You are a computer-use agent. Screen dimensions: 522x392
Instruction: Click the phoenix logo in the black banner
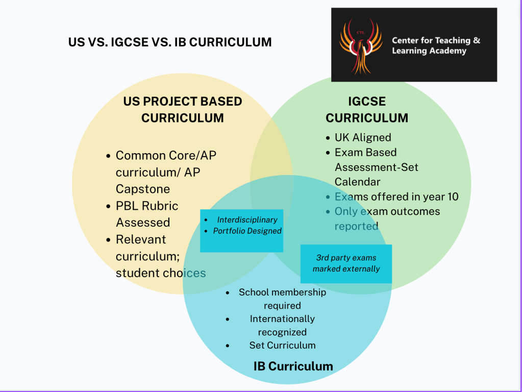tap(361, 46)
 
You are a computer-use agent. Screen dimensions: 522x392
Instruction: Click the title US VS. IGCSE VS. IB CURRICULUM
tap(170, 42)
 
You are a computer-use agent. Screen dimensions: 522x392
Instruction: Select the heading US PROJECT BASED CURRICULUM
tap(183, 110)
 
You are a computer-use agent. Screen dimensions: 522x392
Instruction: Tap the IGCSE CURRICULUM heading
tap(367, 110)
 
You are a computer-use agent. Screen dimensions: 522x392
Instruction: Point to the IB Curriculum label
tap(293, 366)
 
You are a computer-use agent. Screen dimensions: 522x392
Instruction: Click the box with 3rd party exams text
tap(346, 264)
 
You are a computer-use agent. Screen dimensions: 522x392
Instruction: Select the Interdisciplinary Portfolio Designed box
tap(242, 231)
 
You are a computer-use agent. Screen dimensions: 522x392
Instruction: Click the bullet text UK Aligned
tap(363, 137)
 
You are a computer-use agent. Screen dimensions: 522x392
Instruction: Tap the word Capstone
tap(143, 189)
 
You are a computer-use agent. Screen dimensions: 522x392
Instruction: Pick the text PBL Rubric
tap(147, 206)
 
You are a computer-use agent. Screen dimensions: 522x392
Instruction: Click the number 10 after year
tap(453, 197)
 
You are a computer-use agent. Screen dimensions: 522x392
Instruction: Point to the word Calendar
tap(357, 182)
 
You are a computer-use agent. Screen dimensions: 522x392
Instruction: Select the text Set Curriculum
tap(282, 346)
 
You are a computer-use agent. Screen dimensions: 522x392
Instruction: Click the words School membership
tap(282, 292)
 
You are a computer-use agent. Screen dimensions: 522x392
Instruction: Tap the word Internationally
tap(282, 318)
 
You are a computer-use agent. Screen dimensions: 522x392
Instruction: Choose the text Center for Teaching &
tap(436, 40)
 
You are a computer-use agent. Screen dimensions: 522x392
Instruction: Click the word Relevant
tap(141, 239)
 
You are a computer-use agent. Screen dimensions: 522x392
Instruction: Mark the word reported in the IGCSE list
tap(356, 227)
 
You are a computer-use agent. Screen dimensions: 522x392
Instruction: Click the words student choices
tap(161, 273)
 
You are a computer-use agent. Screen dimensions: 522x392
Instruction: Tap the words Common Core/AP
tap(166, 156)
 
